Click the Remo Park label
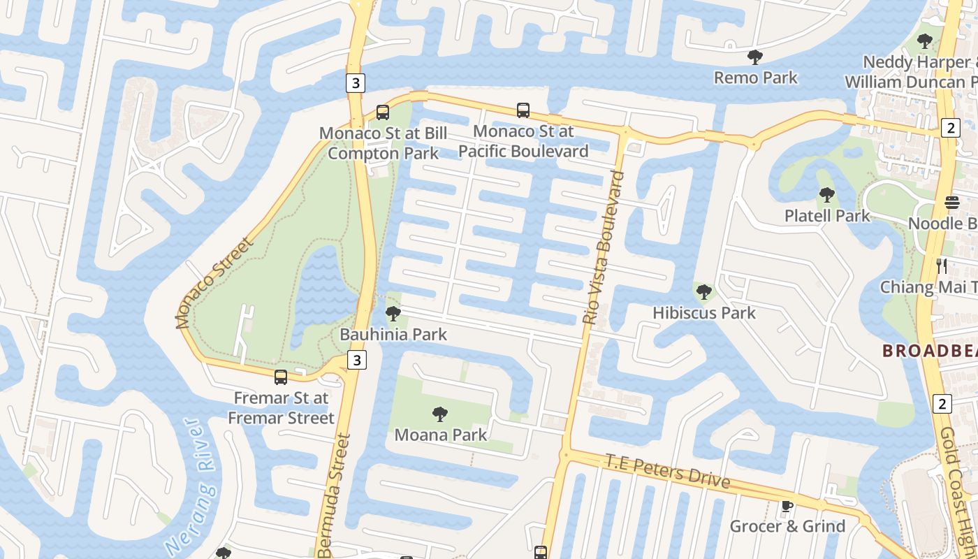tap(755, 78)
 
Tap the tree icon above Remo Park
tap(754, 57)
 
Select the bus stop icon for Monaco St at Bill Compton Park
tap(382, 112)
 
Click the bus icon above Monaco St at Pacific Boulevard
tap(523, 110)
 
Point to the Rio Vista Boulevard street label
tap(603, 247)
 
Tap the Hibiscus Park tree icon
tap(704, 291)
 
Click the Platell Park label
tap(827, 215)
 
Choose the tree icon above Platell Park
tap(827, 194)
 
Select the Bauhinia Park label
tap(393, 335)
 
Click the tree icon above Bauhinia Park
tap(393, 314)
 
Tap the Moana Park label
tap(440, 435)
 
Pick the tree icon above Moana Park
tap(440, 414)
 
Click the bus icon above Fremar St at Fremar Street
tap(281, 377)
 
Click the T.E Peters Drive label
tap(667, 472)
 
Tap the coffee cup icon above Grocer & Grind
tap(787, 506)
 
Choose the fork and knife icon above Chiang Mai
tap(941, 266)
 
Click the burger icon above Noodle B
tap(952, 203)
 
